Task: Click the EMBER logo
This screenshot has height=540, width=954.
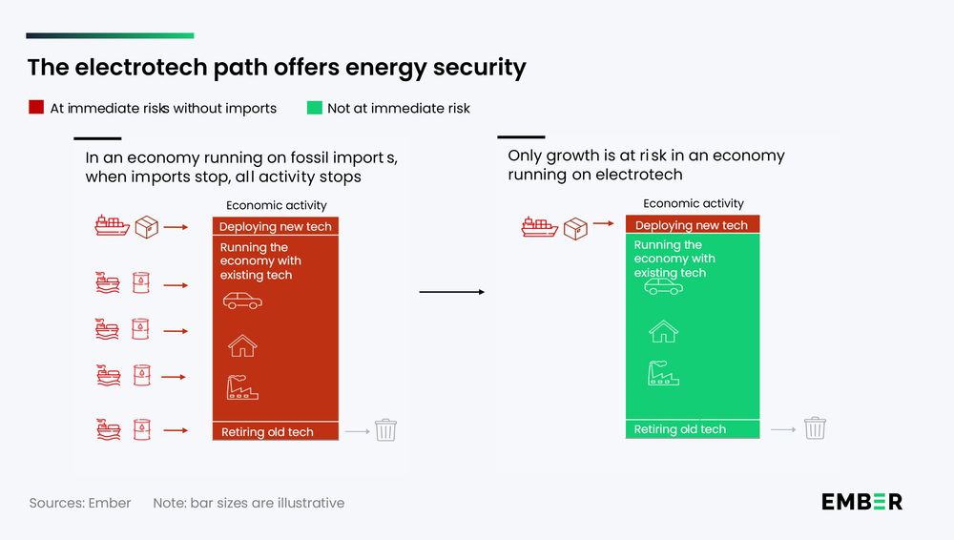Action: click(861, 502)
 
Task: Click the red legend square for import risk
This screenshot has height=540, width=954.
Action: click(36, 108)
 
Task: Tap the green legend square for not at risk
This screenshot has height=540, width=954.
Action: click(313, 108)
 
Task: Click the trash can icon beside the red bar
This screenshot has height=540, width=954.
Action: click(385, 430)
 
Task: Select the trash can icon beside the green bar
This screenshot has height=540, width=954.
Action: click(815, 428)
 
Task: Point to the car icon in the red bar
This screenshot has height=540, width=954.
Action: click(242, 301)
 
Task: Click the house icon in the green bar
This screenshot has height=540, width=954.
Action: click(663, 331)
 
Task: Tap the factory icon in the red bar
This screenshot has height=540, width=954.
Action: click(242, 386)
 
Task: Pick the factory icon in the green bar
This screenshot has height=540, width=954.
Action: click(663, 372)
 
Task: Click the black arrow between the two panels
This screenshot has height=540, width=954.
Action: click(452, 292)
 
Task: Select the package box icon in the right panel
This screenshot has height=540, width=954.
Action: click(575, 227)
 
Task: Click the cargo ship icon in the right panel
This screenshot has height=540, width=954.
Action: click(539, 227)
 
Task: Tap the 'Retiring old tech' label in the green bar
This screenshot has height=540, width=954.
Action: click(680, 429)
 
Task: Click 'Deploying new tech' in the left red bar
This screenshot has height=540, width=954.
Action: click(276, 227)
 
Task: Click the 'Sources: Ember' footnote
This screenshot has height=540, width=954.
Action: click(80, 503)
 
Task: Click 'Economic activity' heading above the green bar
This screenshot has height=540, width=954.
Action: click(694, 203)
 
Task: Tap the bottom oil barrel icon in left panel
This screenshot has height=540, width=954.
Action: click(142, 430)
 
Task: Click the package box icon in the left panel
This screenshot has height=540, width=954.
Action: click(146, 227)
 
